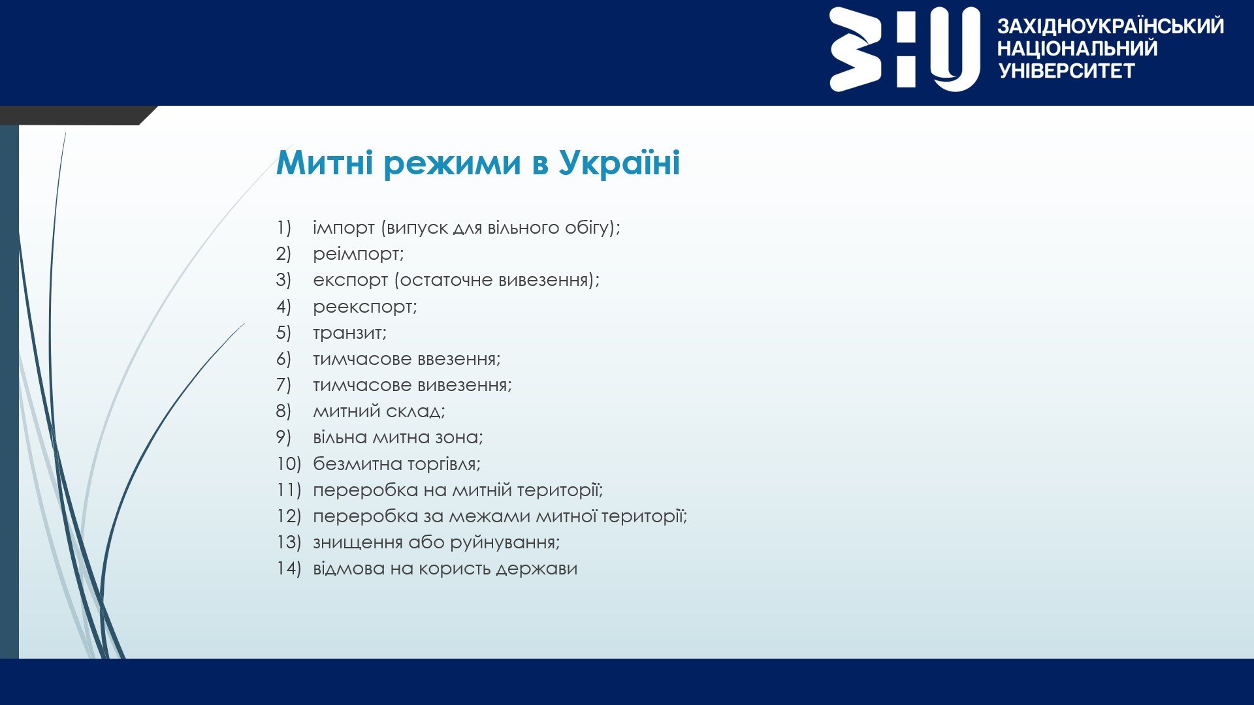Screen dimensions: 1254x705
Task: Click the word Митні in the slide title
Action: [x=326, y=163]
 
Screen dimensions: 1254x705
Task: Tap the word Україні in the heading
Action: [x=619, y=163]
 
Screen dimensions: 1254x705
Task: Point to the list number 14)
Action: [x=288, y=569]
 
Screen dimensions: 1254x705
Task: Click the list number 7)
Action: [x=283, y=385]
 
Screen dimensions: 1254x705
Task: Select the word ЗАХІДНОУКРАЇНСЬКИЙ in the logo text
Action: [x=1110, y=26]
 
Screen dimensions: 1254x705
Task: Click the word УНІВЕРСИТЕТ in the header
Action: [x=1067, y=70]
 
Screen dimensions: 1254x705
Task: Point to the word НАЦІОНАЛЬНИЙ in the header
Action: [x=1077, y=48]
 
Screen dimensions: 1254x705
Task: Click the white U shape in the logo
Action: [x=956, y=50]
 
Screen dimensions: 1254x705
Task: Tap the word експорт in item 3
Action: [x=350, y=281]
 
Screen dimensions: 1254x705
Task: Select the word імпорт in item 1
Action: [x=344, y=228]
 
